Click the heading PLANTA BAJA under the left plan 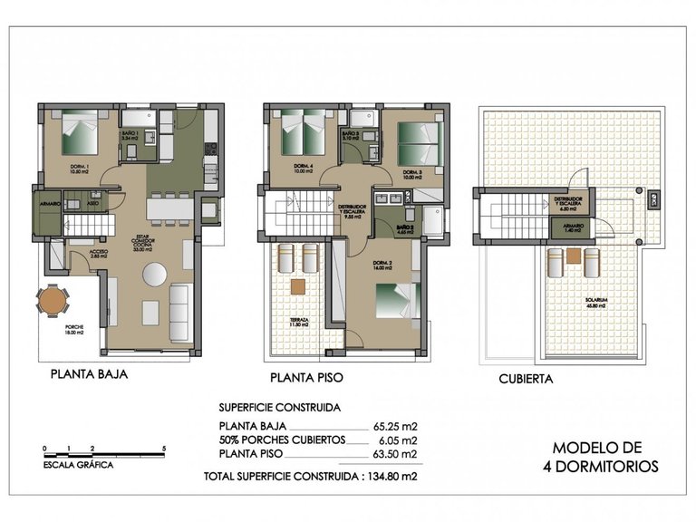pyautogui.click(x=88, y=373)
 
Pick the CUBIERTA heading pyautogui.click(x=526, y=380)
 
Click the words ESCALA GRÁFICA pyautogui.click(x=78, y=464)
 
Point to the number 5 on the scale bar pyautogui.click(x=162, y=448)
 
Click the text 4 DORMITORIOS pyautogui.click(x=600, y=467)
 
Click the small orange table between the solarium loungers pyautogui.click(x=573, y=257)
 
